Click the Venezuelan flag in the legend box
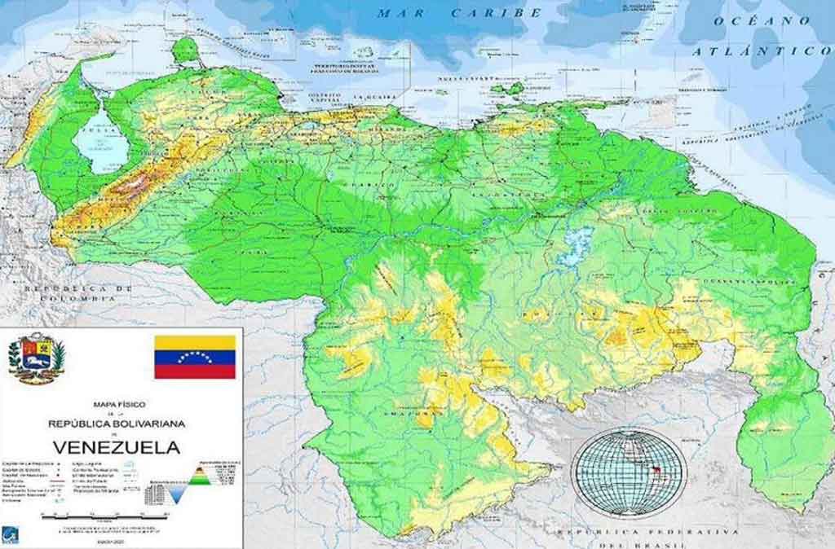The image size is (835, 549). click(x=195, y=356)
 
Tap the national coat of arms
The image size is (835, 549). click(x=36, y=358)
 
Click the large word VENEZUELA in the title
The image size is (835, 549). click(x=117, y=447)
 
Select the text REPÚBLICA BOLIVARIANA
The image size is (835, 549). click(x=117, y=424)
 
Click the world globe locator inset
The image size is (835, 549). click(x=628, y=472)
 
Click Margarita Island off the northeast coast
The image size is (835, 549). click(x=507, y=89)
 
